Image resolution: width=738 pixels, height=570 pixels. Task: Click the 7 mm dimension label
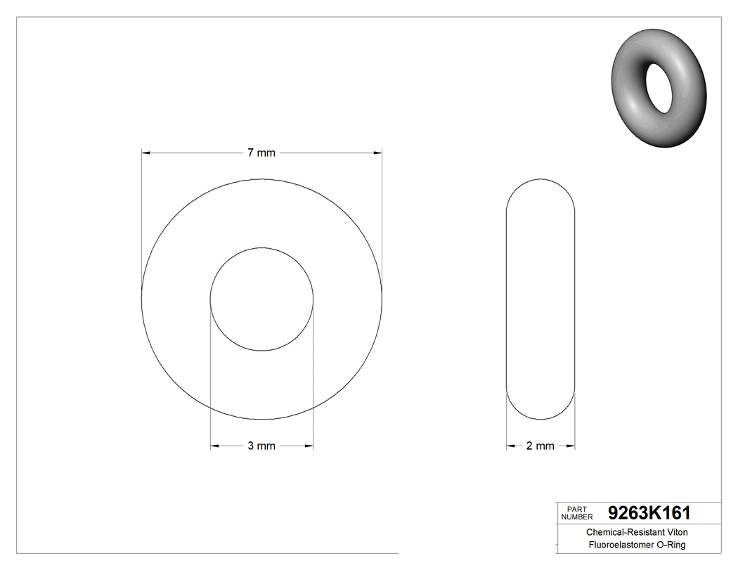click(261, 153)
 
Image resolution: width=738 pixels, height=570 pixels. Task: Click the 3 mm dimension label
click(261, 446)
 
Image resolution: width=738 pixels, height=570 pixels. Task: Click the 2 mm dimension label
click(540, 446)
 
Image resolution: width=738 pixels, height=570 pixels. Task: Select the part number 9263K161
click(649, 512)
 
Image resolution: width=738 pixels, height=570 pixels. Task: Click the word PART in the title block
click(576, 508)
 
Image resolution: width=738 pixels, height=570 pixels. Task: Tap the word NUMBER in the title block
click(578, 517)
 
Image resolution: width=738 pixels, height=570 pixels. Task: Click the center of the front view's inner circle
click(261, 299)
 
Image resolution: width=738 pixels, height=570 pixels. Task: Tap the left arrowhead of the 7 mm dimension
click(146, 153)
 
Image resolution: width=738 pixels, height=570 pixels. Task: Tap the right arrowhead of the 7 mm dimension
click(377, 153)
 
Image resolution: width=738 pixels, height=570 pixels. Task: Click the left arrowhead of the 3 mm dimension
click(215, 446)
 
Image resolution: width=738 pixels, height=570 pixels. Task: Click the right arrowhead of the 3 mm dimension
click(309, 446)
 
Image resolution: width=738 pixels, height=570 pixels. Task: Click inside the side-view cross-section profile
click(540, 299)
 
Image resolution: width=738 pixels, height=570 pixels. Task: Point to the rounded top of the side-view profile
click(540, 180)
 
